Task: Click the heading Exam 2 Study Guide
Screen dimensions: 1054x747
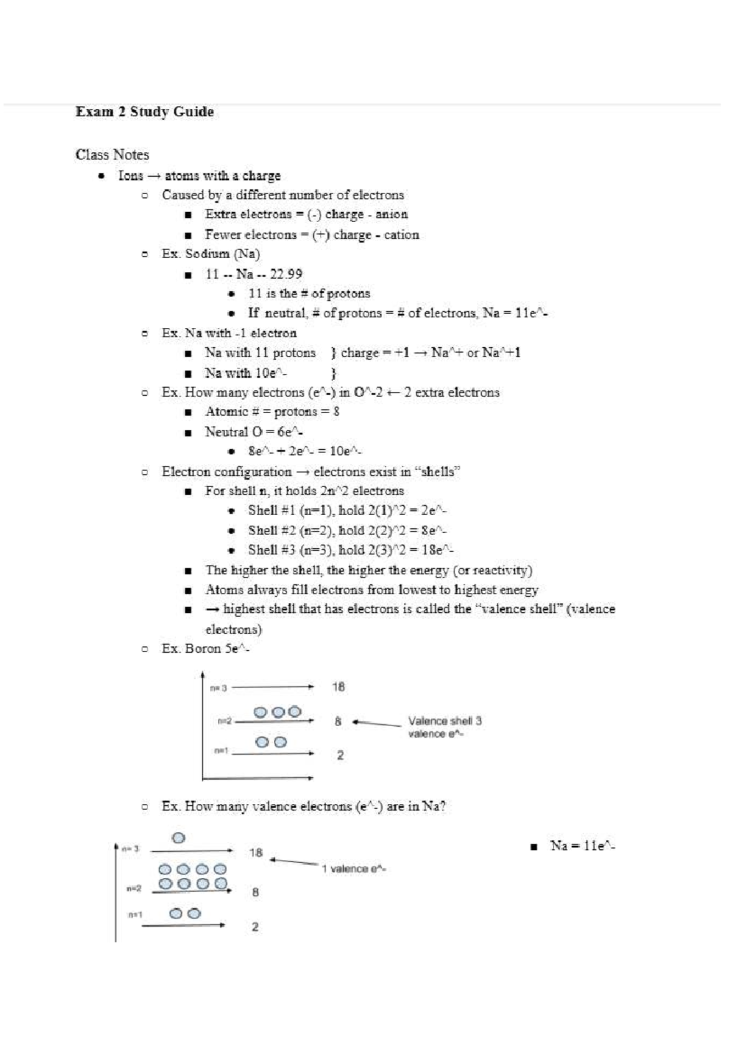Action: (144, 112)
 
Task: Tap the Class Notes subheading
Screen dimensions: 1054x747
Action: (112, 154)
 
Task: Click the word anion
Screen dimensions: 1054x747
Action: (392, 214)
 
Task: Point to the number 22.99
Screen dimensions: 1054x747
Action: (286, 274)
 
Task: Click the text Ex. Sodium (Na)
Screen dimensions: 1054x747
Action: (210, 254)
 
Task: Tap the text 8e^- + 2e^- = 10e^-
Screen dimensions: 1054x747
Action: (304, 451)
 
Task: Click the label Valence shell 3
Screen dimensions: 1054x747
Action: (444, 721)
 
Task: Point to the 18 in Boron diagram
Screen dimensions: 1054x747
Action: (338, 687)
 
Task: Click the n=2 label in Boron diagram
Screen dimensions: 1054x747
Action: (225, 721)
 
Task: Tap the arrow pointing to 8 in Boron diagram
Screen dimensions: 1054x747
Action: (376, 723)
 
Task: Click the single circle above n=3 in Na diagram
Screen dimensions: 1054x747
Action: (178, 837)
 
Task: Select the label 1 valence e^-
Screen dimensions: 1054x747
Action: (353, 869)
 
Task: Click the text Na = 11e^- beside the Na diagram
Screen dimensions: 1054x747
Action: (582, 846)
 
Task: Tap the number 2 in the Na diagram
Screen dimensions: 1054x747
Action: (255, 926)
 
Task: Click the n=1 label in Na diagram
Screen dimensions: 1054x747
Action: (135, 914)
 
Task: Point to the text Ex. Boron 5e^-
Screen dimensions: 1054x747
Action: (205, 648)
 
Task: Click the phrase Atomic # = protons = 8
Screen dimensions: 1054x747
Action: (272, 411)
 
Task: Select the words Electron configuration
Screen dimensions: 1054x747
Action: (227, 472)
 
